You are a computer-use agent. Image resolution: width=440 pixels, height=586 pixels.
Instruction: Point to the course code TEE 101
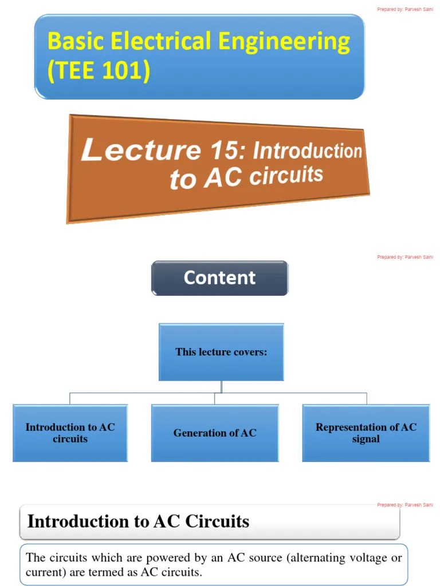pos(99,72)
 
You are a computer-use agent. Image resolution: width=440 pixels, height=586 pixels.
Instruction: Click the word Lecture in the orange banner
pos(140,149)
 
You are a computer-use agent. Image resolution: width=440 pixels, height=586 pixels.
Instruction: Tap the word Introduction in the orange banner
pos(307,151)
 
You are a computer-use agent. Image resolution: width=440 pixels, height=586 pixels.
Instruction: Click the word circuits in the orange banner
pos(287,175)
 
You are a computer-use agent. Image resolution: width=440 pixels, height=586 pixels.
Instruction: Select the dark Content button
pos(219,278)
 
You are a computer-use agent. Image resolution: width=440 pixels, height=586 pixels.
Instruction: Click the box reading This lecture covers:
pos(221,352)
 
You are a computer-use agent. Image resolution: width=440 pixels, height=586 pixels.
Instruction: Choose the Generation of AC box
pos(215,433)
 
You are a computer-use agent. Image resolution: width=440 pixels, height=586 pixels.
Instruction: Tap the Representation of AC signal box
pos(366,433)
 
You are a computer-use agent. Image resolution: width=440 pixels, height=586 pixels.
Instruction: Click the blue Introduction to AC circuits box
pos(70,433)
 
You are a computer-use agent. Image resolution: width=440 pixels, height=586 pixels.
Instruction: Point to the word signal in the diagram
pos(366,439)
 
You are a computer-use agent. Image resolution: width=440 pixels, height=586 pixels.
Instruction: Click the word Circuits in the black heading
pos(217,521)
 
